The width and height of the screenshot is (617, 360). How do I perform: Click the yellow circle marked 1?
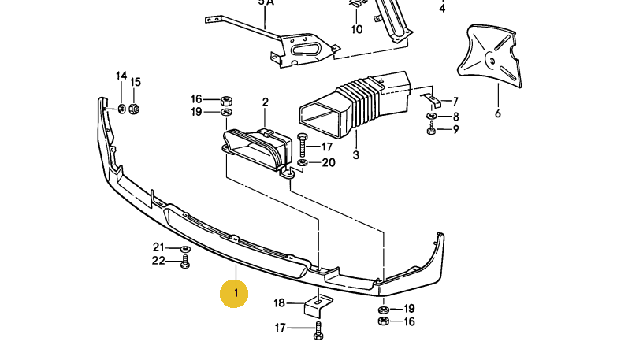click(235, 294)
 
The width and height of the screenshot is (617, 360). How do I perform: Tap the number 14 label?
click(121, 76)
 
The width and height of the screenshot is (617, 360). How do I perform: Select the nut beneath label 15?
click(134, 108)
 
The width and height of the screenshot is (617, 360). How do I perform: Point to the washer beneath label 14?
click(121, 107)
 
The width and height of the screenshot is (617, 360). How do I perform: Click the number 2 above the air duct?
click(266, 102)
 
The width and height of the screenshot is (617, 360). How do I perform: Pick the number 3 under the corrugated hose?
click(355, 156)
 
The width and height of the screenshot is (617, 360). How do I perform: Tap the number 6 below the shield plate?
click(498, 113)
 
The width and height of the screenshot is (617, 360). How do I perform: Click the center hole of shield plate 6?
click(489, 55)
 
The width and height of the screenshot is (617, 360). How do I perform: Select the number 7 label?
click(455, 101)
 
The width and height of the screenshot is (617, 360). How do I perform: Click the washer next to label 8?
click(432, 117)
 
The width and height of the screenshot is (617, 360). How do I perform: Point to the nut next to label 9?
click(432, 128)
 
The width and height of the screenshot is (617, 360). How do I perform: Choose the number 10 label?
click(357, 30)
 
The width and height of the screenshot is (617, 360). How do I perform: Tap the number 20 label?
click(329, 163)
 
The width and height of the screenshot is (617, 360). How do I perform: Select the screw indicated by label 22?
click(185, 262)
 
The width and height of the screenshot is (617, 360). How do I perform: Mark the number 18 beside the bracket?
click(280, 303)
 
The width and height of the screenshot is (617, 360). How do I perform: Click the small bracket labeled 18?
click(315, 306)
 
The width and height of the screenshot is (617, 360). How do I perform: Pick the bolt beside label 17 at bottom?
click(317, 330)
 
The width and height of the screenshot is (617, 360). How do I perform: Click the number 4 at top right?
click(442, 9)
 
